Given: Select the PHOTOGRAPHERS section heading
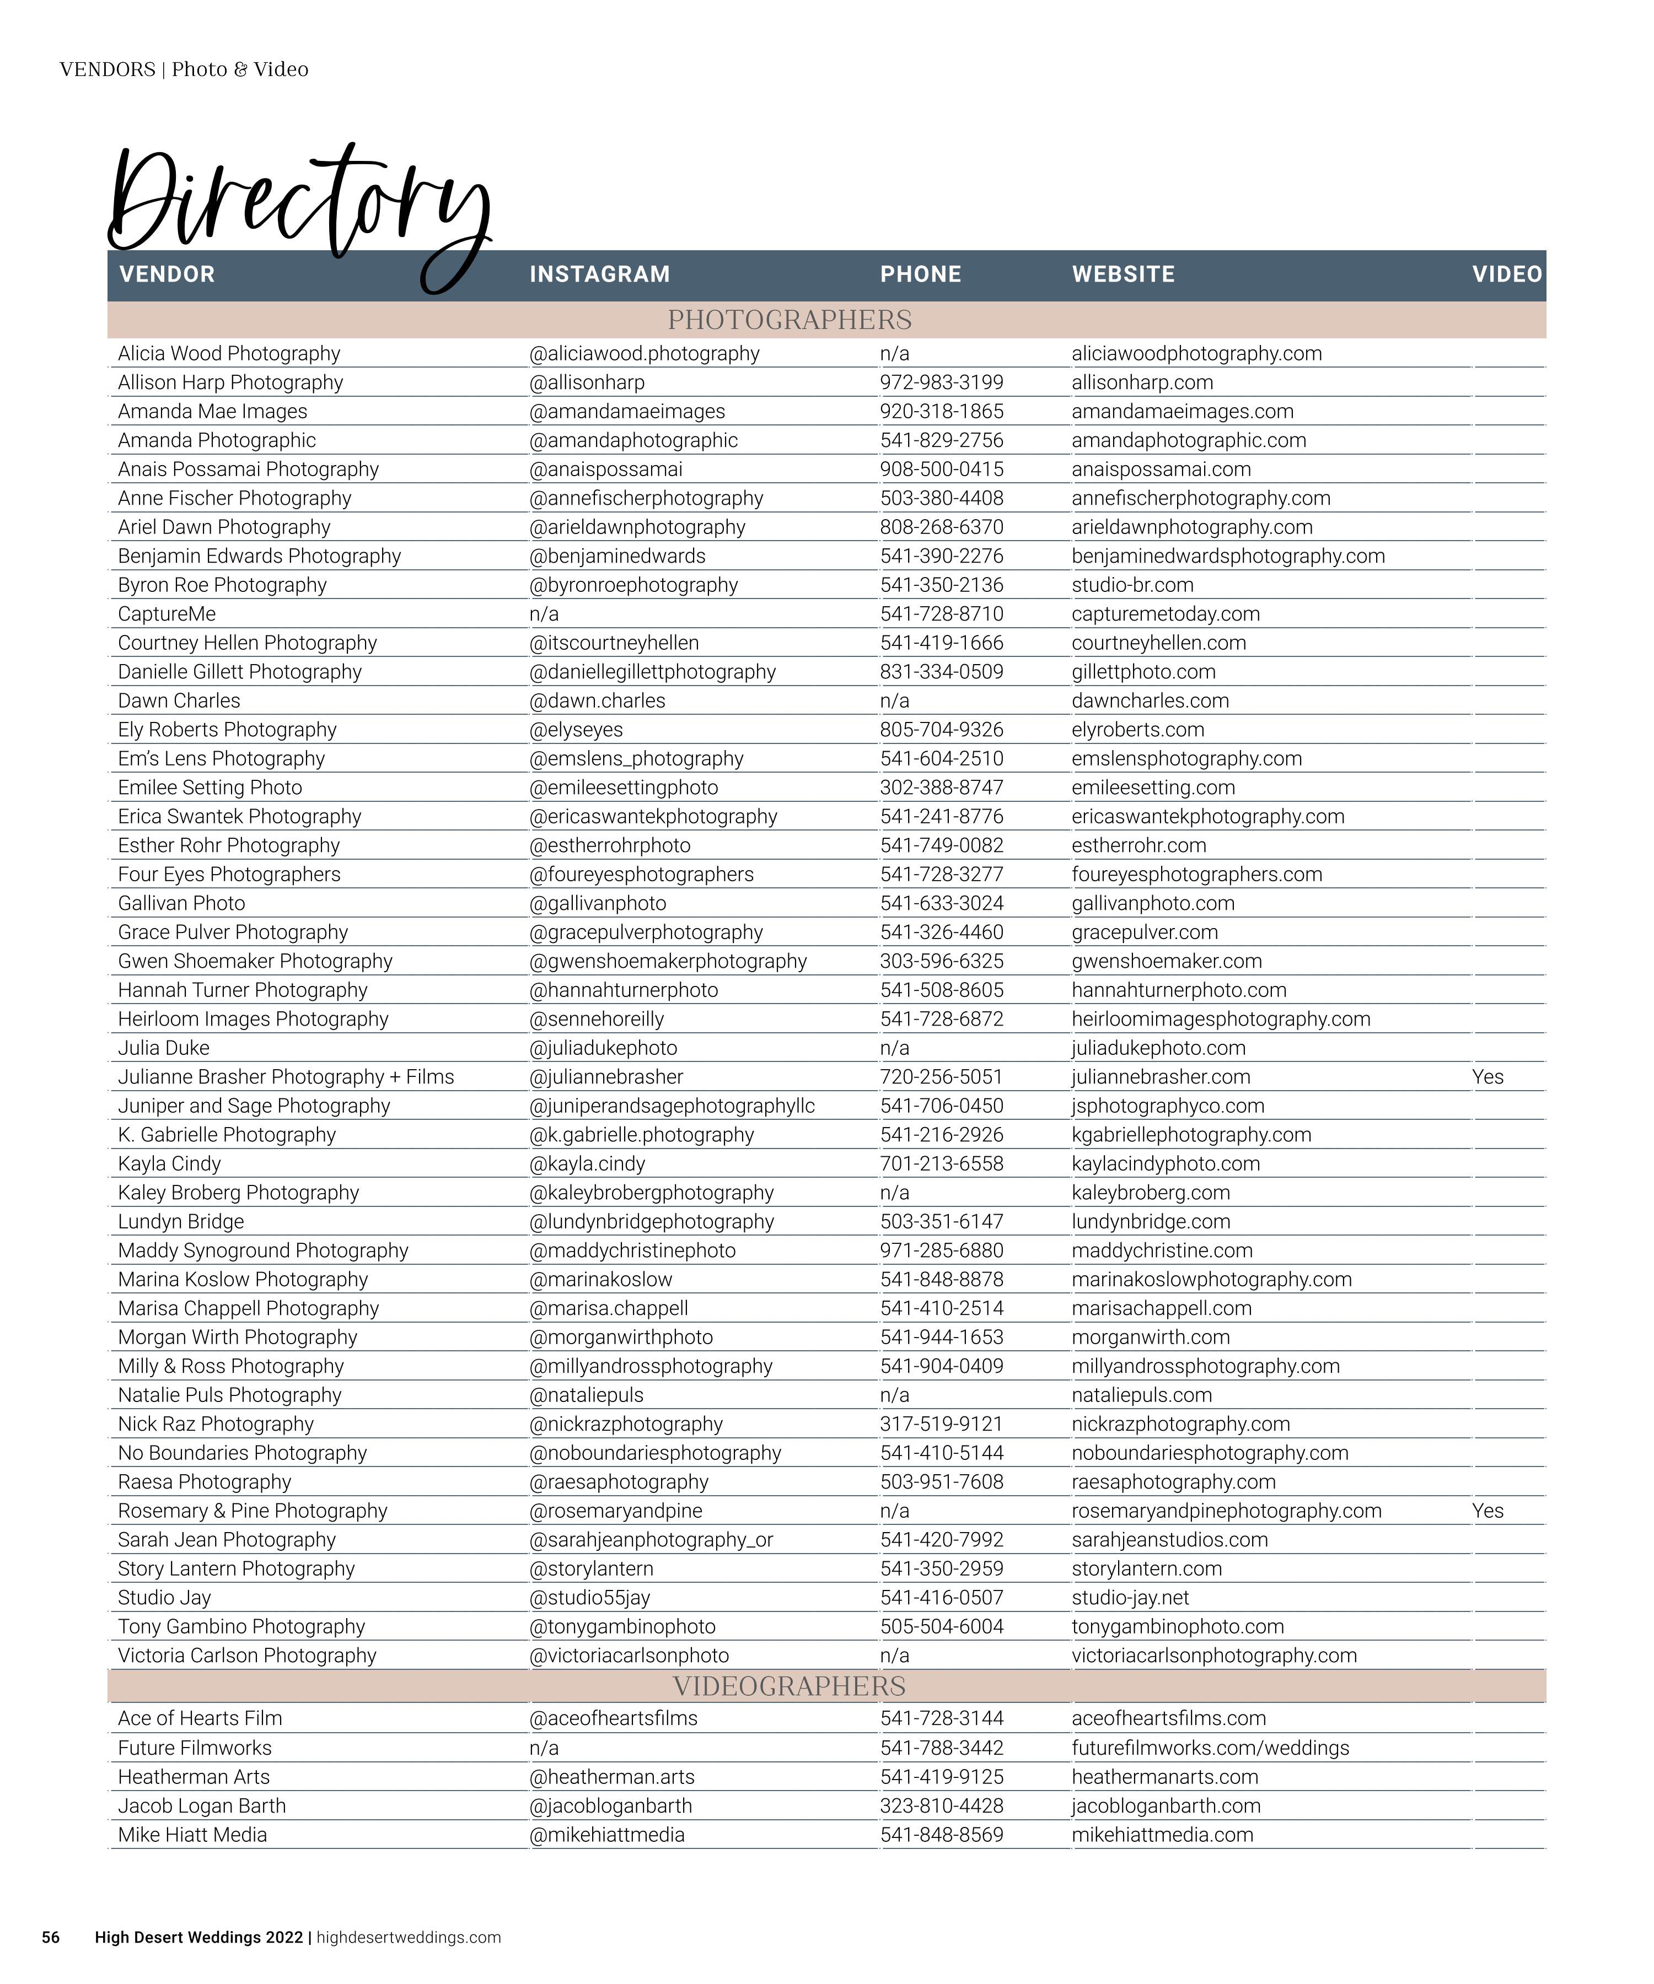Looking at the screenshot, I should (x=789, y=320).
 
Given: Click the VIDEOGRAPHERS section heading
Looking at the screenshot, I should (x=789, y=1686).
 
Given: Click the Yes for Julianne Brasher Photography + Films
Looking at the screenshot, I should (x=1487, y=1077).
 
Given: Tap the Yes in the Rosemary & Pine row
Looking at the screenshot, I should (x=1487, y=1511).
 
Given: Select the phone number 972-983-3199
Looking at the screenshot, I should (x=941, y=382).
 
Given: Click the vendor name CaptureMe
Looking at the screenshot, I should (x=167, y=614).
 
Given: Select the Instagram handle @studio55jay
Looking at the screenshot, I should (x=590, y=1598).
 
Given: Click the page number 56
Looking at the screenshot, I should (x=50, y=1938).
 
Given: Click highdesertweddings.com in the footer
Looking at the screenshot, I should (x=409, y=1938).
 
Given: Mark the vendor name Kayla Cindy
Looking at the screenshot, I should (x=169, y=1164).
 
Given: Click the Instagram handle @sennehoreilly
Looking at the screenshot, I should (x=597, y=1020).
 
